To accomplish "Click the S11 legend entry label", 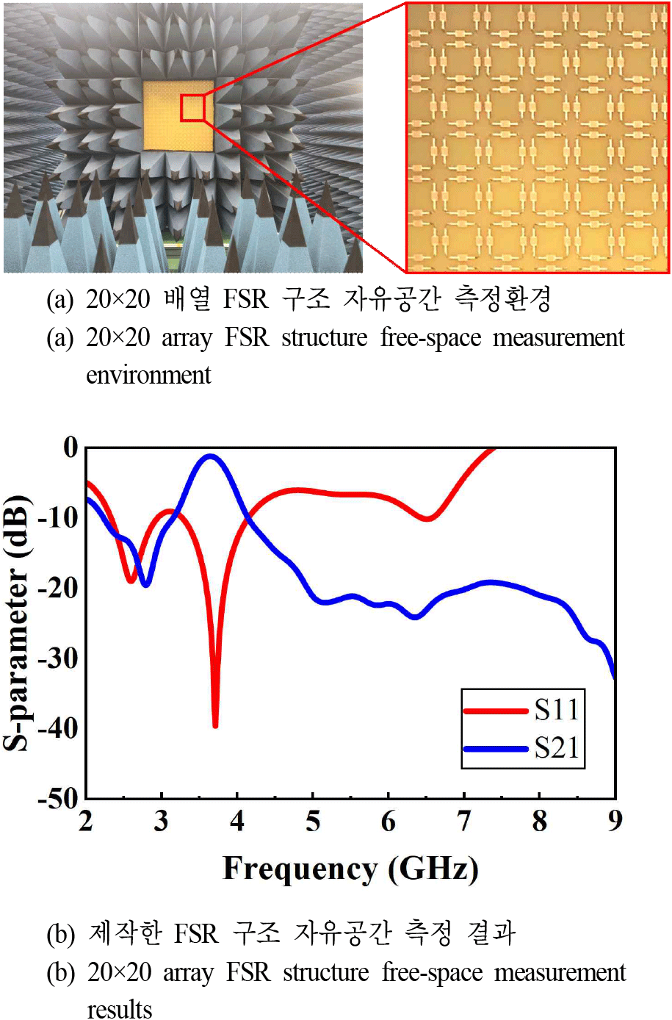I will (557, 710).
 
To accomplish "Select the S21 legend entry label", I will (557, 748).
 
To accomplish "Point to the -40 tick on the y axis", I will (59, 728).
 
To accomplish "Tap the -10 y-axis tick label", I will (59, 517).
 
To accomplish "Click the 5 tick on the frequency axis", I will (313, 821).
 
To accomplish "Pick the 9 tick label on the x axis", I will (615, 821).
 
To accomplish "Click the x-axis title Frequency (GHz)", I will (350, 869).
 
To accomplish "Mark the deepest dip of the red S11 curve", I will (215, 725).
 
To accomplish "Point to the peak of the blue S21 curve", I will (211, 456).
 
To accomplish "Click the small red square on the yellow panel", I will (192, 108).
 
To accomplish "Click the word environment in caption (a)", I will (148, 375).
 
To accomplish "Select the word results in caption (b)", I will (120, 1009).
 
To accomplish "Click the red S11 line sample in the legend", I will (496, 711).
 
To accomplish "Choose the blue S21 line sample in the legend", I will (496, 749).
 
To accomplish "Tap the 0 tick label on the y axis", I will (71, 447).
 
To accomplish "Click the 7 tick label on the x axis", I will (464, 821).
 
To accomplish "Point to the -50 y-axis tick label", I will (59, 798).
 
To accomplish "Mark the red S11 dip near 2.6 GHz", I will (131, 581).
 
